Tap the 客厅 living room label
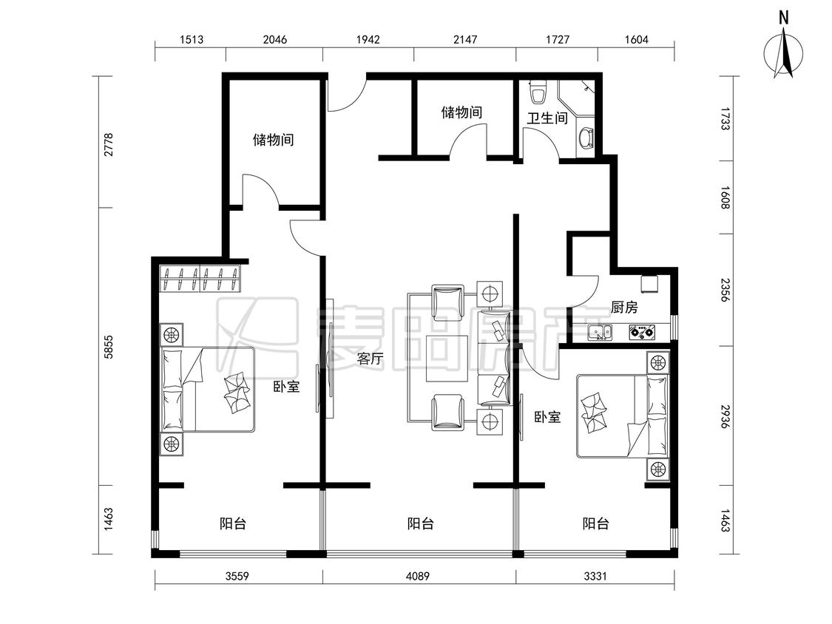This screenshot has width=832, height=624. [x=370, y=359]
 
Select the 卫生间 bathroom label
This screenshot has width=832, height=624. [x=547, y=118]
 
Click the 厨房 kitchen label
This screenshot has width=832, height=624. [x=624, y=308]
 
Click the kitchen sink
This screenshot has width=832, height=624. [x=600, y=333]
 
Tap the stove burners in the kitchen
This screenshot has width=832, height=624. [x=641, y=333]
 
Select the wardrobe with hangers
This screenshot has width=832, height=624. [x=200, y=279]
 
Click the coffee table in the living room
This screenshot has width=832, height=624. [x=447, y=359]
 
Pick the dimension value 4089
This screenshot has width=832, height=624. [x=418, y=576]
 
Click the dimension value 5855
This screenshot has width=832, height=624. [x=108, y=347]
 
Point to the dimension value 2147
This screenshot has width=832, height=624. [x=465, y=39]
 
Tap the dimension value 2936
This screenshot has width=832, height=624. [x=726, y=417]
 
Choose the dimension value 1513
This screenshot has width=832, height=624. [x=192, y=39]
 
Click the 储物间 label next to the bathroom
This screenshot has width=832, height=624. [x=461, y=112]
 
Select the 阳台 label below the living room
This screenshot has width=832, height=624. [x=421, y=523]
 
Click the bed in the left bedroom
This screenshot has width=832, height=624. [x=208, y=390]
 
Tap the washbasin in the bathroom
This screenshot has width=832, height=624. [x=585, y=139]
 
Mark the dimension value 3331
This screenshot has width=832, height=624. [x=595, y=576]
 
